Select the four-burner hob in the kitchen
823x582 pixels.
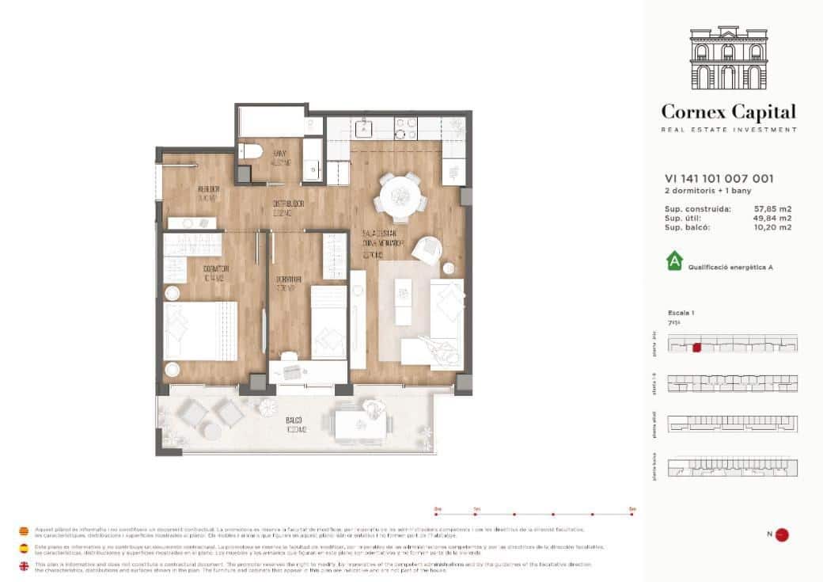pos(405,127)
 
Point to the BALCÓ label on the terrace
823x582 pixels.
pos(293,421)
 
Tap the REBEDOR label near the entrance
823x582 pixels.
pos(208,190)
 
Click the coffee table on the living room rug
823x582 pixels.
pos(404,294)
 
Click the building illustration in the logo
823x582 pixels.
pos(729,59)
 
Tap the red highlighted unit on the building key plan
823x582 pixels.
pos(697,346)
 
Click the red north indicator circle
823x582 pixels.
pos(782,534)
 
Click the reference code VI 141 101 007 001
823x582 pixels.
pos(719,179)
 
